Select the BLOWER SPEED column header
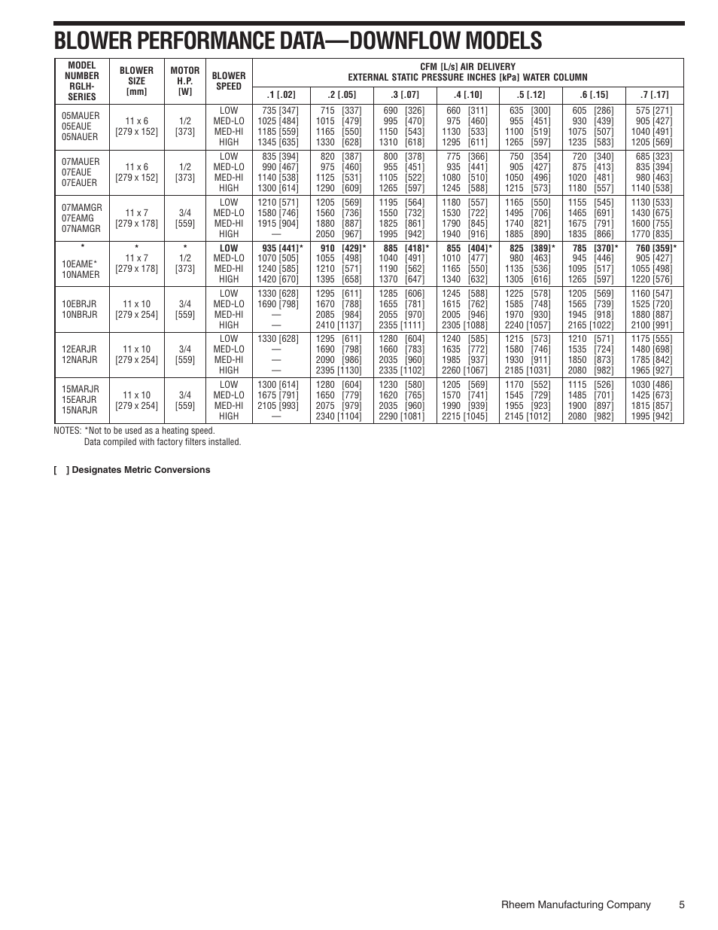229,81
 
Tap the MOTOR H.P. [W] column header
185,81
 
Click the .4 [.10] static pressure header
467,95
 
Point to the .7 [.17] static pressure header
654,95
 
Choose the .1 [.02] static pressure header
281,95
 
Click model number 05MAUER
81,116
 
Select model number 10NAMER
81,274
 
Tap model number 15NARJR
81,410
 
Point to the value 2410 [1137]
338,325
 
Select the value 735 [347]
280,111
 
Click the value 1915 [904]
278,224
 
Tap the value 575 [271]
653,111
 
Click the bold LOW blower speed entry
229,248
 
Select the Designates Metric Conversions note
132,470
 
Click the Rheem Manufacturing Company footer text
576,904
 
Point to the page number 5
681,904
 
